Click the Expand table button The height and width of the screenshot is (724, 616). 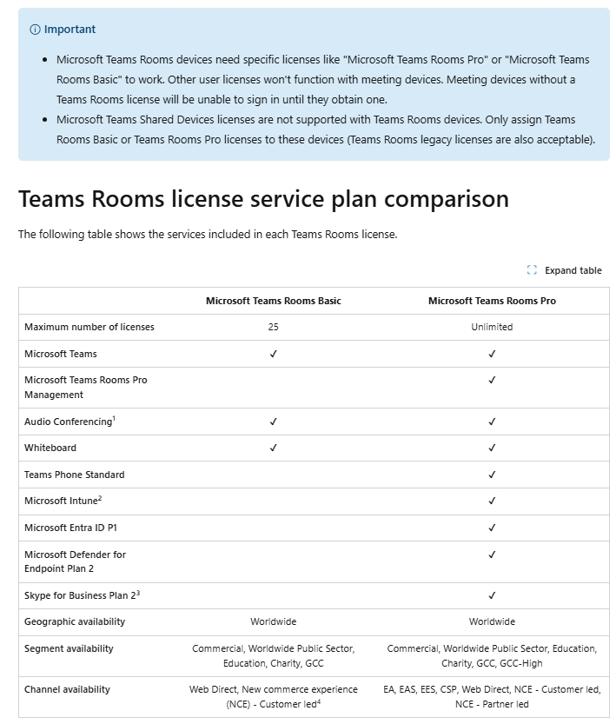[564, 270]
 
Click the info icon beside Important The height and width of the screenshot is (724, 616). [35, 30]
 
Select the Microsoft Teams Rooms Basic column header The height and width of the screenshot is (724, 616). [273, 301]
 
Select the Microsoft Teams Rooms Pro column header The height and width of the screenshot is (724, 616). [492, 301]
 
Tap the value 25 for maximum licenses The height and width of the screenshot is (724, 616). [274, 328]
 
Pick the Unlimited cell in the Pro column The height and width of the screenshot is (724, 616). [492, 328]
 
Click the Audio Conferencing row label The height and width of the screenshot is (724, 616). [70, 422]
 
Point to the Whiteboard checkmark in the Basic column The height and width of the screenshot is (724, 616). [274, 448]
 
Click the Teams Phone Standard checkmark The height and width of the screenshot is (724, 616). [492, 475]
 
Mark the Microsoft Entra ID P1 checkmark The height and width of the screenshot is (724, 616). [492, 528]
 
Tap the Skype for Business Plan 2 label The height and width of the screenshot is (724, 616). [82, 595]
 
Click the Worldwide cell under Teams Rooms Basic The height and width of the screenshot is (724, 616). [274, 621]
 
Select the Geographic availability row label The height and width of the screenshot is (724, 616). [75, 621]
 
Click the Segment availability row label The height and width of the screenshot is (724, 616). [69, 648]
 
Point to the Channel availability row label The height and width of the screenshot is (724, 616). [67, 689]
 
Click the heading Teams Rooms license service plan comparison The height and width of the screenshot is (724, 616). [263, 199]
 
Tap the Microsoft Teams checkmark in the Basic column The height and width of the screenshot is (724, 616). [274, 354]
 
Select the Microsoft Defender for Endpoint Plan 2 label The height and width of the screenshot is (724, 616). [75, 561]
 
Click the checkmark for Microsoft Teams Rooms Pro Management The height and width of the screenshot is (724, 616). [492, 380]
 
